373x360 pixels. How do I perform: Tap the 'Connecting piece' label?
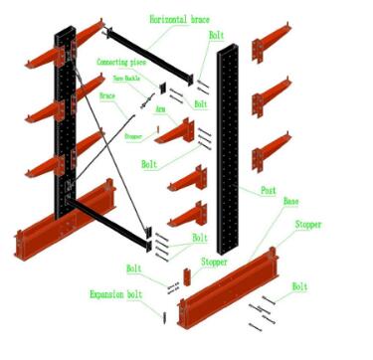125,62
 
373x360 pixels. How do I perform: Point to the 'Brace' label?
108,96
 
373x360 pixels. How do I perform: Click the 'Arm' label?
160,112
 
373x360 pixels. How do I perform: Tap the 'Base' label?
290,202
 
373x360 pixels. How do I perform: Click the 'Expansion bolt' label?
119,295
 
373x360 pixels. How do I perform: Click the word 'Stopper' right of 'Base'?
307,225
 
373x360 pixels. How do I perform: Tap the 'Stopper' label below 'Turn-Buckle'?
134,136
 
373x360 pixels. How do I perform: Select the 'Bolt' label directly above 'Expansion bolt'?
133,269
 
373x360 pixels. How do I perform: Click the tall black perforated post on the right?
229,149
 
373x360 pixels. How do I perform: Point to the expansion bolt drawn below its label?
164,316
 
